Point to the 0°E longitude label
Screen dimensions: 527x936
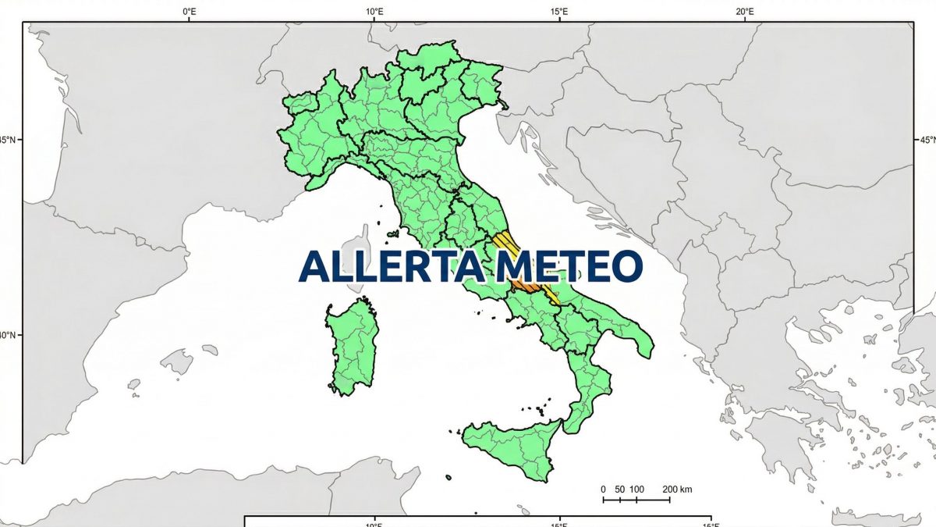189,12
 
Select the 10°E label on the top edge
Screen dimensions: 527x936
374,12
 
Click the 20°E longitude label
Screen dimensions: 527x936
745,12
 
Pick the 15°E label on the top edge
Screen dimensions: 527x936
559,12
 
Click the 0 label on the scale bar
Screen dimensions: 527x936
603,490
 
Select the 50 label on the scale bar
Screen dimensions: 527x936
619,490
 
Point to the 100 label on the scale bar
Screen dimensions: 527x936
636,490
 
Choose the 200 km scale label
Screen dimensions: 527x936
677,490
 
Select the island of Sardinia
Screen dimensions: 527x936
353,344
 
